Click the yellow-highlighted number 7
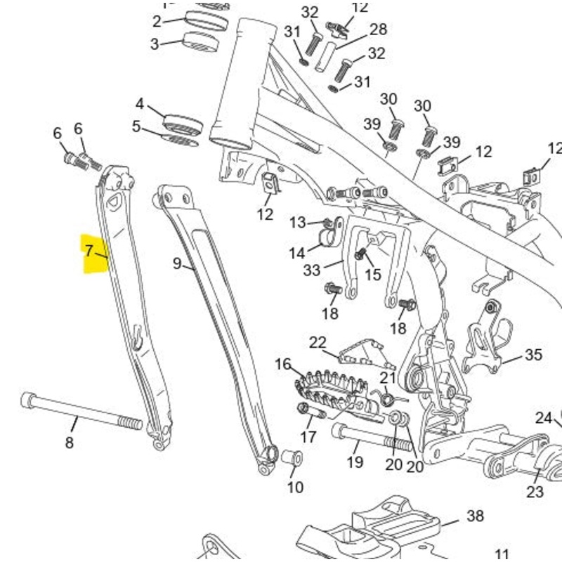(89, 251)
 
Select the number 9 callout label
(177, 264)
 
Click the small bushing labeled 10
(292, 459)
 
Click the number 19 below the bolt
(355, 462)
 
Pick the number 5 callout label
(136, 127)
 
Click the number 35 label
(533, 355)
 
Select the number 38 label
(476, 516)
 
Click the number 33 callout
(311, 270)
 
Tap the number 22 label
(318, 343)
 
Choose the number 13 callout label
(298, 223)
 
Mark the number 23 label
(535, 491)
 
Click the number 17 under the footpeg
(308, 437)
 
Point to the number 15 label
(372, 274)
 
